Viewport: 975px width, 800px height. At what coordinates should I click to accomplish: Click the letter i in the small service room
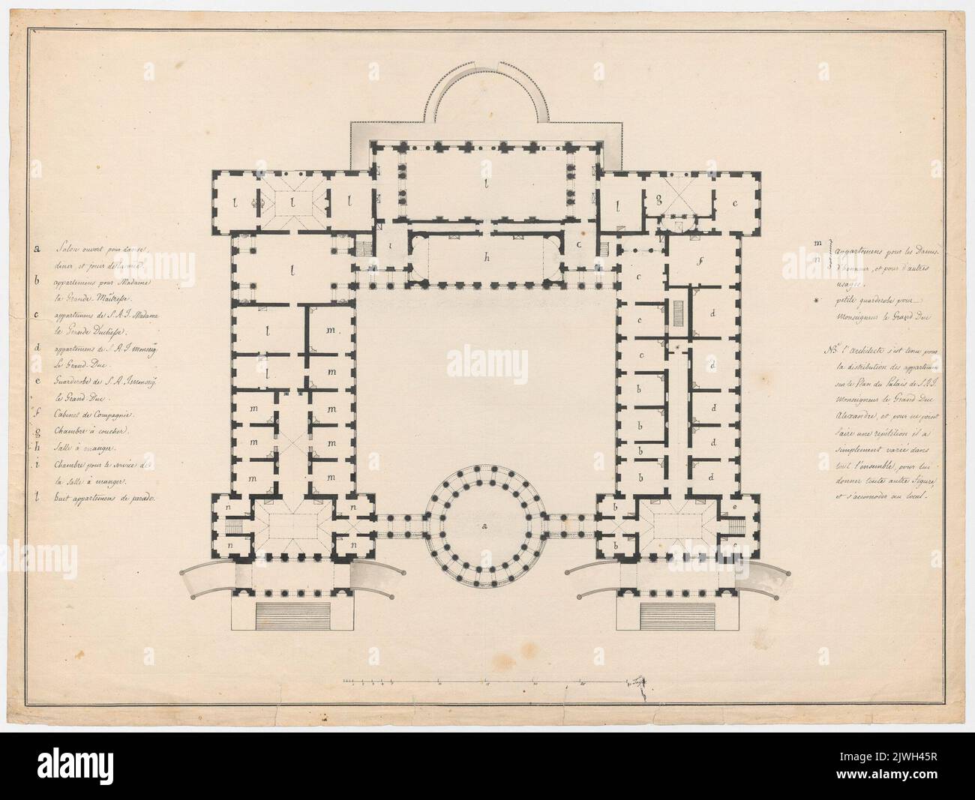point(391,245)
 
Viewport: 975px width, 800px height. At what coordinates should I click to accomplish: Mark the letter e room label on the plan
point(734,509)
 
